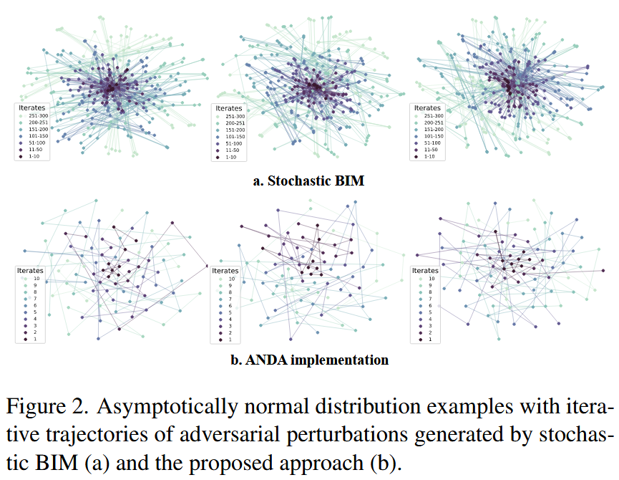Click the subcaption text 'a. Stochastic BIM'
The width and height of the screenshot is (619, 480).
(308, 181)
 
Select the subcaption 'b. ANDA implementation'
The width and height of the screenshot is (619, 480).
(309, 360)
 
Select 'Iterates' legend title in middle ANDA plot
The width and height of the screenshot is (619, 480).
(225, 270)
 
